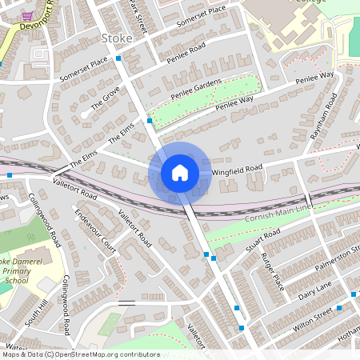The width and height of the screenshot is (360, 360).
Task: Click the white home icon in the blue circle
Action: [180, 172]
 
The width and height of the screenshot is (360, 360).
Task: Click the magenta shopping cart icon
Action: [27, 16]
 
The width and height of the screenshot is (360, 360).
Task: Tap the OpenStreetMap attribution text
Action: [80, 354]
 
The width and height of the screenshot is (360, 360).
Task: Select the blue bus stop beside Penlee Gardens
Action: [149, 122]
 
